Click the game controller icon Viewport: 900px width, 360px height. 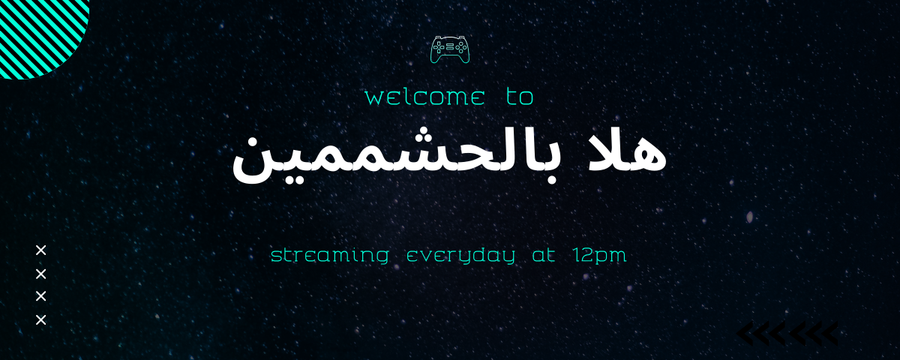click(449, 49)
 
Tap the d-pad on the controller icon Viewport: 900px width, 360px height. click(439, 47)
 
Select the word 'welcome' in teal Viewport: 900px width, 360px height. click(424, 97)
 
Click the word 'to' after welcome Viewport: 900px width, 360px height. click(520, 97)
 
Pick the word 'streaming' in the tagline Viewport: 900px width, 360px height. click(330, 255)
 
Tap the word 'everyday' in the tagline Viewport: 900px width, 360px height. click(460, 256)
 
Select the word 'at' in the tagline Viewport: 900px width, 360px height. click(544, 255)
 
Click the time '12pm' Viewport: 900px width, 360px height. click(600, 256)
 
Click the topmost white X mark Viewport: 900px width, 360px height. click(41, 250)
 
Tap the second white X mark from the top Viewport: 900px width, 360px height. click(41, 274)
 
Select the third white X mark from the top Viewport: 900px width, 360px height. click(41, 296)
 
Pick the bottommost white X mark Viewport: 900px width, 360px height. click(41, 320)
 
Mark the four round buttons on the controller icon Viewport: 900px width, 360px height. click(460, 47)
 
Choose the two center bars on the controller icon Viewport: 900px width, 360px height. click(449, 46)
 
